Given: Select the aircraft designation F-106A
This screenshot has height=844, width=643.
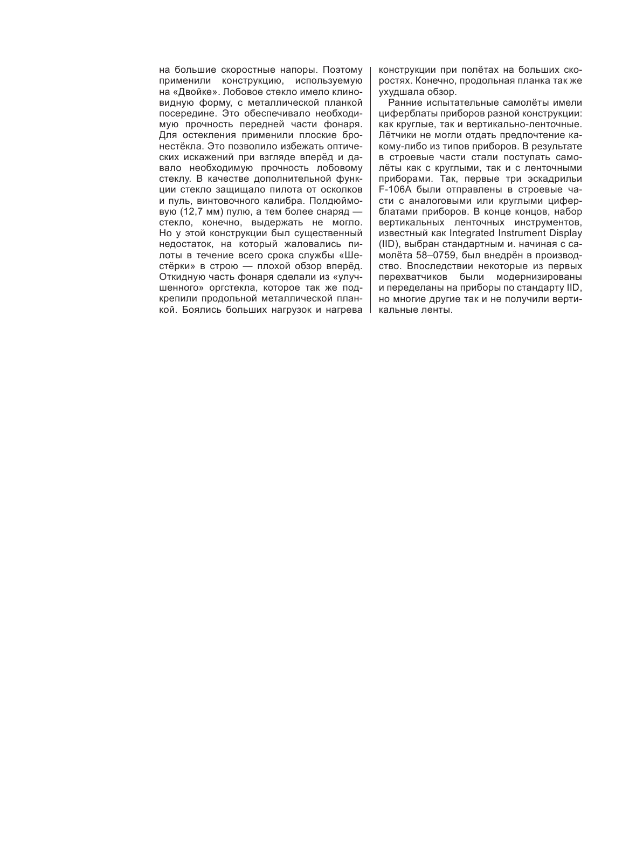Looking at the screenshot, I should [396, 190].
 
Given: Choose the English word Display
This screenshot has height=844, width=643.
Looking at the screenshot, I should [566, 234].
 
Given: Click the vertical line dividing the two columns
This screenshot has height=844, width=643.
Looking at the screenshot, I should [371, 189].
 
